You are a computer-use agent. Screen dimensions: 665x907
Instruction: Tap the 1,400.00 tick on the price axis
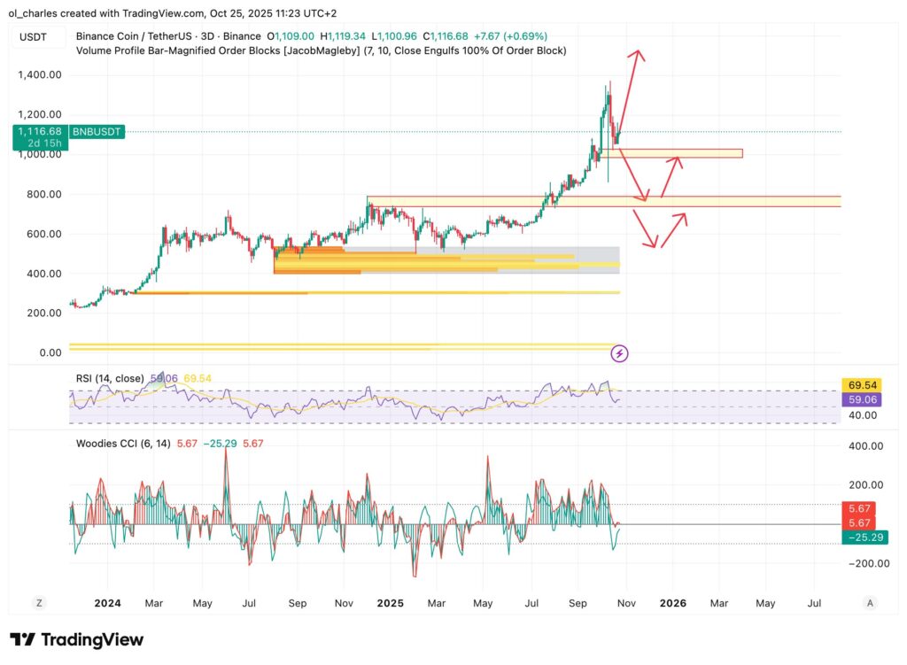tap(39, 74)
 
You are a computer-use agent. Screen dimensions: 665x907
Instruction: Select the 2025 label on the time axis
tap(390, 603)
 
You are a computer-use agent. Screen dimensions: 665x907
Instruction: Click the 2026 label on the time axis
tap(672, 603)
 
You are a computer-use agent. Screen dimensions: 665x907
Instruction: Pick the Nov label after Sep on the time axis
tap(625, 603)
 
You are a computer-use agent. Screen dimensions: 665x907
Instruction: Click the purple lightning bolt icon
tap(620, 353)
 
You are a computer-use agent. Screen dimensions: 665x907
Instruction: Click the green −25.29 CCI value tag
tap(865, 537)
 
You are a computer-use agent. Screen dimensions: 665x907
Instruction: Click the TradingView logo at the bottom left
tap(76, 639)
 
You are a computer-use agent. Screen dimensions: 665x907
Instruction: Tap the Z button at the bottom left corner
tap(39, 603)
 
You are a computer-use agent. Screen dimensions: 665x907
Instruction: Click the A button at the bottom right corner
tap(870, 603)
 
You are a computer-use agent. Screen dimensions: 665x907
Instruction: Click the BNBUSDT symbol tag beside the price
tap(97, 131)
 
